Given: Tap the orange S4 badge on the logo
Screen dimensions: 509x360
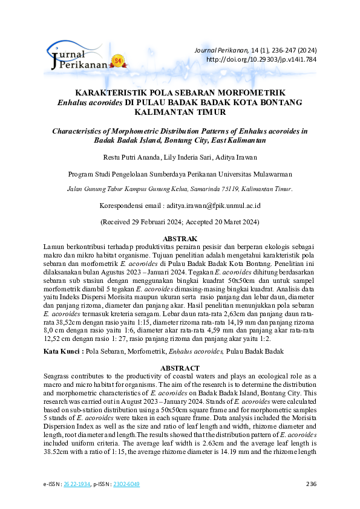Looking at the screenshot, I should click(117, 61).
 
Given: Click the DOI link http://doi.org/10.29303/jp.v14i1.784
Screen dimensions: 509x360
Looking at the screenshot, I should click(261, 60).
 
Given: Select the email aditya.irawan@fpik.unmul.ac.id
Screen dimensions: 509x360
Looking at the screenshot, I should click(214, 206).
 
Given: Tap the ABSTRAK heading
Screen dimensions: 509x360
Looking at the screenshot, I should click(180, 239).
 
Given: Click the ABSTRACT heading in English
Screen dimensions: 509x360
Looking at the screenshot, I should click(180, 368).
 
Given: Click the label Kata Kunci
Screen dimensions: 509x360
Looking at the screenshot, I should click(62, 351).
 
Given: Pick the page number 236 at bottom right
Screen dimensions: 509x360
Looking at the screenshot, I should click(312, 484).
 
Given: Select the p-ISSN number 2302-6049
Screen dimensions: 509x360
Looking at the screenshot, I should click(126, 484).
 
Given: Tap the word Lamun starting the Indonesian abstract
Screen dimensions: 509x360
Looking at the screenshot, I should click(55, 247).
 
